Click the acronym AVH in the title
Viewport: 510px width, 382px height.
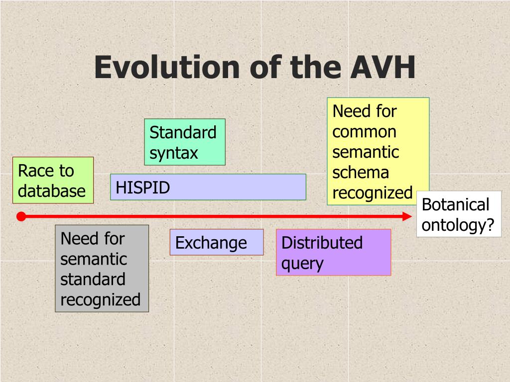(383, 68)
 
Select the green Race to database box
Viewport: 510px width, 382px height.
(53, 180)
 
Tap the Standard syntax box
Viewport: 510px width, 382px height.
(185, 142)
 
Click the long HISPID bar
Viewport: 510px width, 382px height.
(208, 187)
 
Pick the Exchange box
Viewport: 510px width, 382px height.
(216, 242)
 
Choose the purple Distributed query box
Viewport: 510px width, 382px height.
(333, 252)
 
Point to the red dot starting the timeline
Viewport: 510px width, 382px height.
(21, 216)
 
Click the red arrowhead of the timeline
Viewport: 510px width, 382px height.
(407, 216)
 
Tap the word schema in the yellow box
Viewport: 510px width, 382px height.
(361, 173)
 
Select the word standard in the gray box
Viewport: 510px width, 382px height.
(93, 279)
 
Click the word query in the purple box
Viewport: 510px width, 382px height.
(302, 263)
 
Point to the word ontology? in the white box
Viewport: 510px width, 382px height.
(458, 225)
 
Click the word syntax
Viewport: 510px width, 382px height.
(174, 153)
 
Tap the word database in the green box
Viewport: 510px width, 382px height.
(52, 191)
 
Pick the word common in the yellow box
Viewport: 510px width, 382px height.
(364, 132)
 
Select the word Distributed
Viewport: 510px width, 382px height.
(322, 243)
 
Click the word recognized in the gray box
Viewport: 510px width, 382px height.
(101, 299)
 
